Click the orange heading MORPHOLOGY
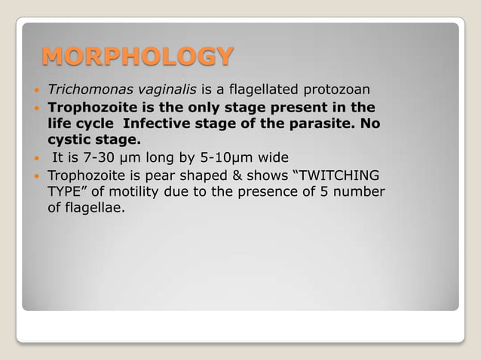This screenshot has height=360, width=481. [x=137, y=56]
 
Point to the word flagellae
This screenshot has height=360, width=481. [x=96, y=208]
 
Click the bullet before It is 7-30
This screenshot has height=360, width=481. [x=35, y=158]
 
